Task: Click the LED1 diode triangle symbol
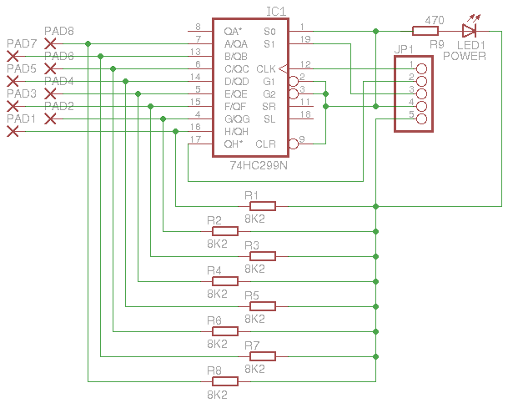point(469,31)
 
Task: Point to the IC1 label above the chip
point(276,12)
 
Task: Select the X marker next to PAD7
point(51,43)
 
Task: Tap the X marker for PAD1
point(51,119)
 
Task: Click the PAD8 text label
point(58,32)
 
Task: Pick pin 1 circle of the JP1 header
point(421,69)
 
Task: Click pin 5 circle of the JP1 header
point(421,119)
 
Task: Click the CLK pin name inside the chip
point(265,68)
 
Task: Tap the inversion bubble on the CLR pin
point(293,144)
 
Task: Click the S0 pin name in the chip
point(268,31)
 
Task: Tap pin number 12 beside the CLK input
point(305,63)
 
